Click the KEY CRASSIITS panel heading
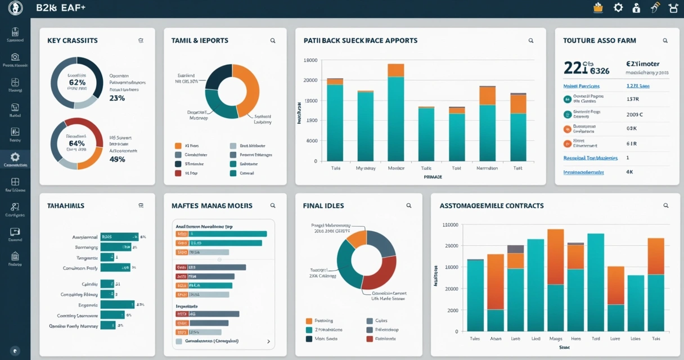[x=72, y=40]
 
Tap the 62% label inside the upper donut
[x=77, y=82]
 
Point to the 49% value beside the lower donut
[x=117, y=159]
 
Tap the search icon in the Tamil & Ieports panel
[x=273, y=40]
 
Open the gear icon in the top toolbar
[x=618, y=8]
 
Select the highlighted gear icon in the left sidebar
[x=15, y=157]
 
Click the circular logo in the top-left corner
[x=15, y=8]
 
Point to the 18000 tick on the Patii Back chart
[x=310, y=60]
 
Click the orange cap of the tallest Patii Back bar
[x=395, y=70]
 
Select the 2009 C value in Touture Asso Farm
[x=634, y=114]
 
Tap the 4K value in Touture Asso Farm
[x=629, y=172]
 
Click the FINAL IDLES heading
[x=323, y=206]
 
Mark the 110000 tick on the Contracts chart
[x=451, y=225]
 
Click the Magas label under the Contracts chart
[x=556, y=339]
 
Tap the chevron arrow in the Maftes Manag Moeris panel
[x=268, y=341]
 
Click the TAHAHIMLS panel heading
[x=66, y=206]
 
